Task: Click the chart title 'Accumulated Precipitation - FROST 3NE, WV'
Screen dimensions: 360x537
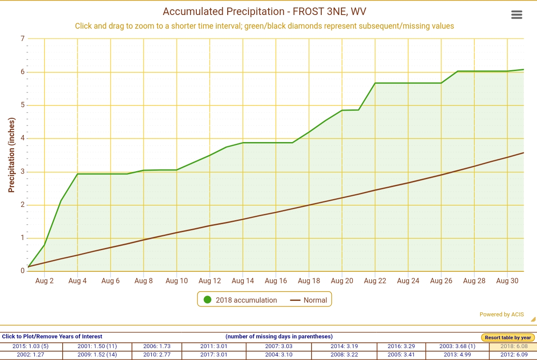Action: pyautogui.click(x=264, y=11)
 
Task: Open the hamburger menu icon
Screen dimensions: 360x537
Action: pyautogui.click(x=517, y=15)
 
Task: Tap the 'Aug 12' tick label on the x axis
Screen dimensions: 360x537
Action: pyautogui.click(x=210, y=281)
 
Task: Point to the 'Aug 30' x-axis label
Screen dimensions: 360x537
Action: pyautogui.click(x=507, y=281)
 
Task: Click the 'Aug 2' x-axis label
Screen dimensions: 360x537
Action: pyautogui.click(x=45, y=281)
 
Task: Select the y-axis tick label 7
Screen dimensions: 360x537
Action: pyautogui.click(x=23, y=39)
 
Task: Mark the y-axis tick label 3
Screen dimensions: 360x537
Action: pyautogui.click(x=23, y=172)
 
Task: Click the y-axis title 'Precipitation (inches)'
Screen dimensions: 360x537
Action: pyautogui.click(x=12, y=155)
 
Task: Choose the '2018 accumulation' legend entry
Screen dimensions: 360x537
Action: pyautogui.click(x=240, y=300)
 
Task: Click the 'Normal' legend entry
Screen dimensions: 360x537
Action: pyautogui.click(x=309, y=300)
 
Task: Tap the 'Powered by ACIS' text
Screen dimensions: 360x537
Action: pyautogui.click(x=502, y=315)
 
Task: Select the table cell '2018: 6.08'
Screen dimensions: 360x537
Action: pyautogui.click(x=513, y=346)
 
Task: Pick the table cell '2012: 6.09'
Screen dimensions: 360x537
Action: pyautogui.click(x=513, y=355)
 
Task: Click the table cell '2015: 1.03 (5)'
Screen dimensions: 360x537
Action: pyautogui.click(x=31, y=346)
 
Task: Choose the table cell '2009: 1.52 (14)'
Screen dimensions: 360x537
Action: pyautogui.click(x=97, y=355)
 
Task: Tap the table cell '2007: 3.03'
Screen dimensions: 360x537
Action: pyautogui.click(x=278, y=346)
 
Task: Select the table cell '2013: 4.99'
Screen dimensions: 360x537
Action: pyautogui.click(x=457, y=355)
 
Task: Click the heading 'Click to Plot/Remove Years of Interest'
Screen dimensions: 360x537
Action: pyautogui.click(x=52, y=337)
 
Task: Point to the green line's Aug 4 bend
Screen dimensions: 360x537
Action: pyautogui.click(x=78, y=174)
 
